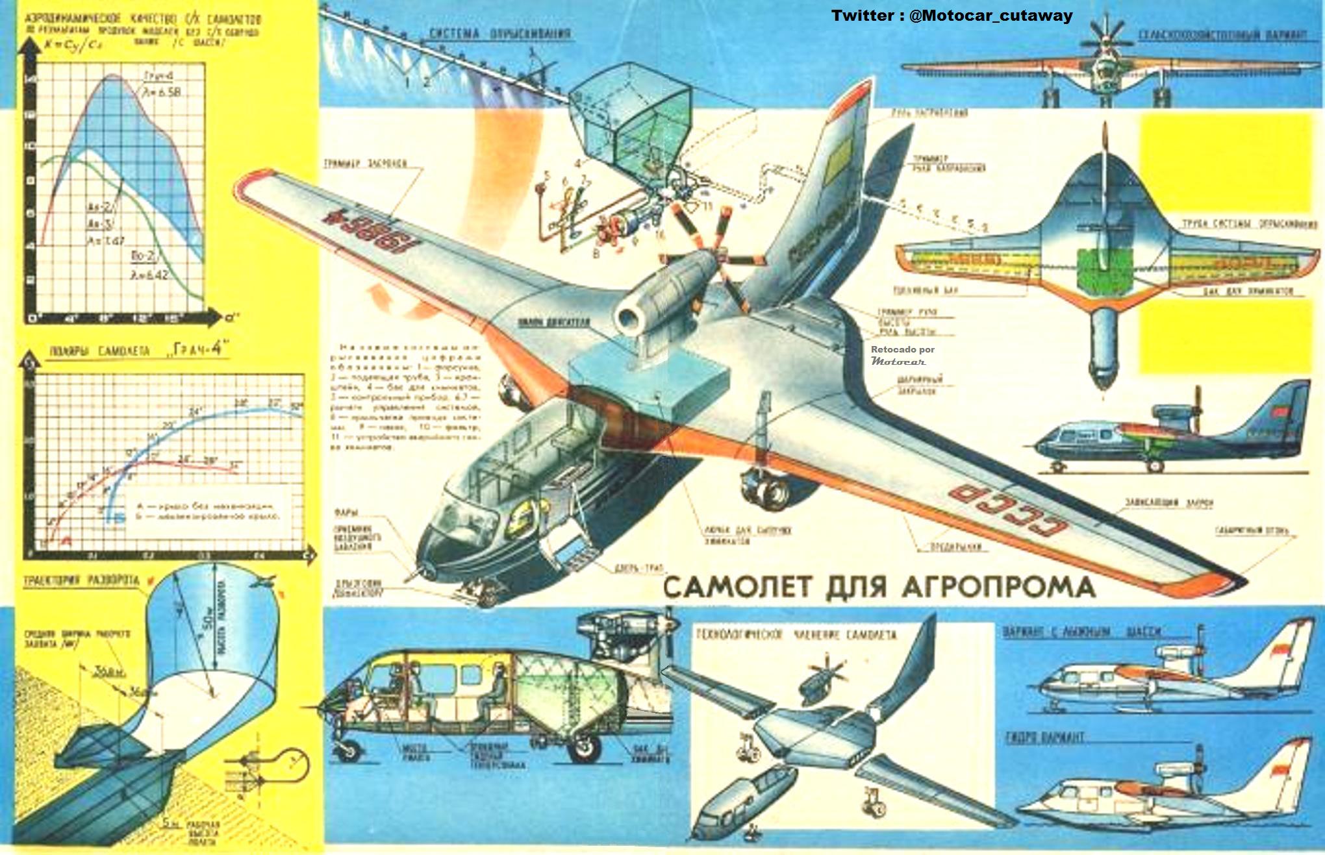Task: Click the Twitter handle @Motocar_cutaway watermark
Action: [952, 16]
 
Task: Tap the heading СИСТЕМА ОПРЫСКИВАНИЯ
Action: [499, 33]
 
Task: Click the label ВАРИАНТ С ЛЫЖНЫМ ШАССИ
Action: [1081, 631]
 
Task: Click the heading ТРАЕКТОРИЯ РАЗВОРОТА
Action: [81, 580]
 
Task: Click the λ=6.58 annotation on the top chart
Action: [162, 92]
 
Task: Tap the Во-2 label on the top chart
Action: [142, 256]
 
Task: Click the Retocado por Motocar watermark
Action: [902, 355]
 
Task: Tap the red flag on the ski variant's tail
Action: [1278, 649]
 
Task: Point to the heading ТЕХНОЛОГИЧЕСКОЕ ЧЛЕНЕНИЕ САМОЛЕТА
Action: [796, 634]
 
